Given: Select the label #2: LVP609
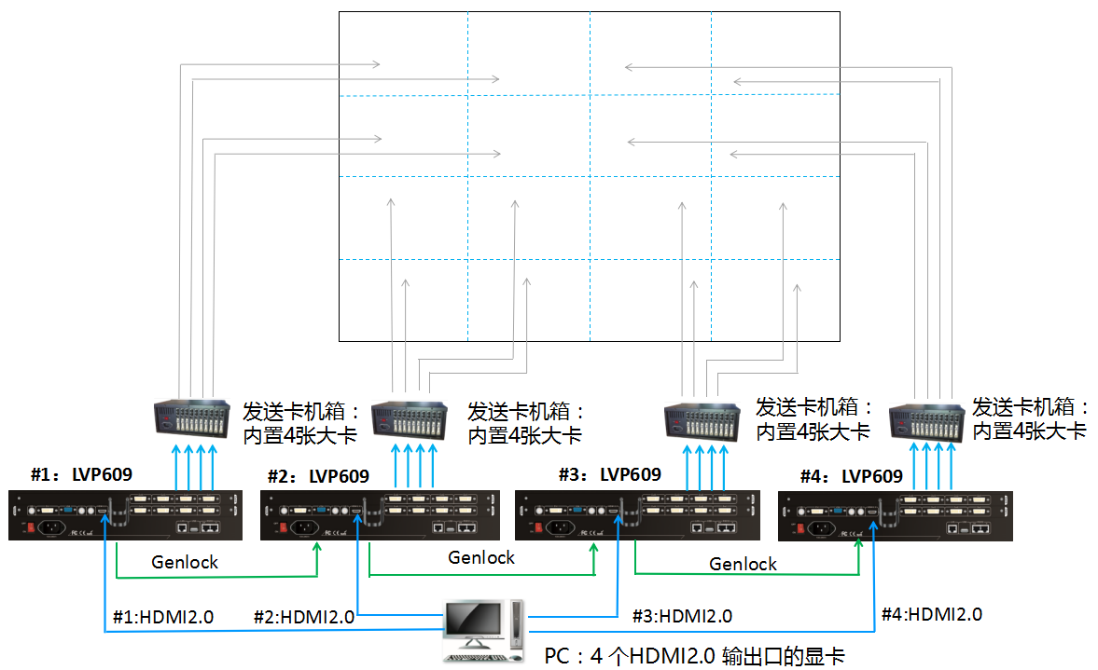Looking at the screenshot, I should (x=317, y=476).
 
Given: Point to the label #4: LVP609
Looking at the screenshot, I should (x=851, y=476).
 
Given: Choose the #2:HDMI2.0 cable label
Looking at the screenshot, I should (x=304, y=617).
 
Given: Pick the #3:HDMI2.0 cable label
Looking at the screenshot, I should (x=682, y=616).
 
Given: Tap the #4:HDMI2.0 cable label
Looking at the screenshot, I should (x=931, y=614).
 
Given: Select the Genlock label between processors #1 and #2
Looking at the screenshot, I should (x=185, y=562).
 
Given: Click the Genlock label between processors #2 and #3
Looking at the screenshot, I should (x=481, y=557).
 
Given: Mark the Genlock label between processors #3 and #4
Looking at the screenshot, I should (x=743, y=563).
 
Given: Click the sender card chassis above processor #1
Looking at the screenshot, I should (x=190, y=419).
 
